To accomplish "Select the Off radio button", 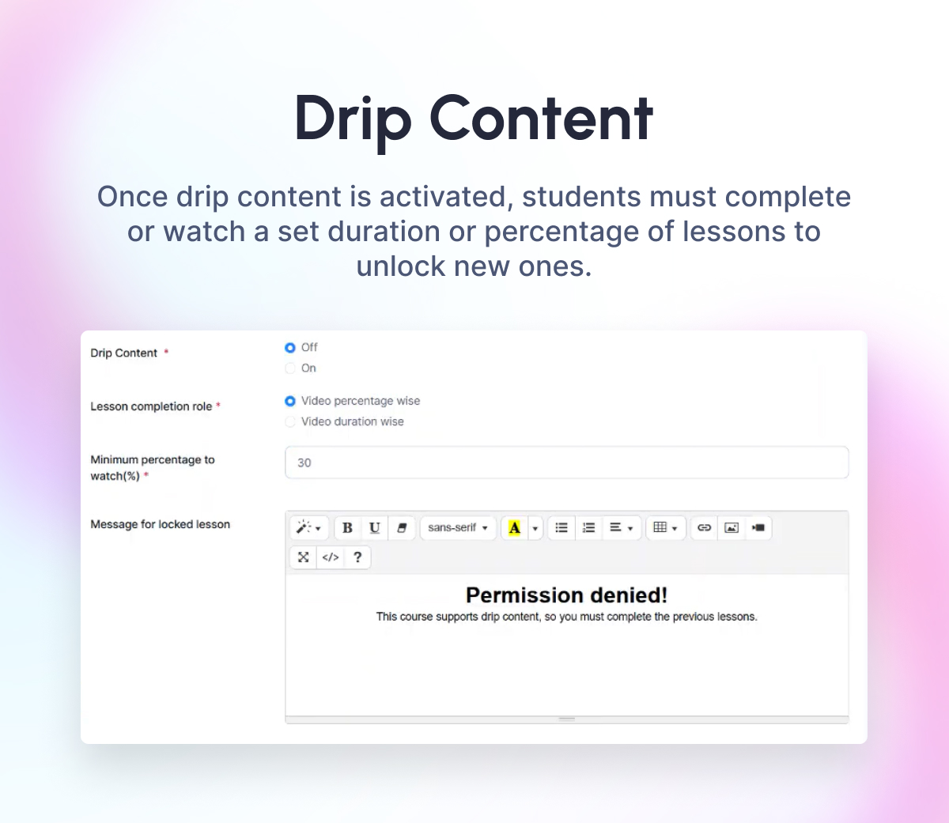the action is [x=290, y=348].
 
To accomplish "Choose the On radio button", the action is [x=290, y=368].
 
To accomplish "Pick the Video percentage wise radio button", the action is [x=290, y=401].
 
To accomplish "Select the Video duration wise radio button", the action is [x=290, y=422].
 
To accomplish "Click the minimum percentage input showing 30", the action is [x=566, y=462].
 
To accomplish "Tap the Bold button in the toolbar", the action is [x=347, y=527].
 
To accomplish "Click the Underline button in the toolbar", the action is [x=374, y=527].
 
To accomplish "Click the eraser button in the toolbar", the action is [x=401, y=527].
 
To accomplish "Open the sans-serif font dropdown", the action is [x=458, y=527].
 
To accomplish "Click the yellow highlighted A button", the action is [x=514, y=527].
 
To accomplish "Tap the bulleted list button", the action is [x=561, y=527].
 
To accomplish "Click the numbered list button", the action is [x=588, y=527].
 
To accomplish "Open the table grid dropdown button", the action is [x=665, y=527].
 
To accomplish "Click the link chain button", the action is [x=704, y=527].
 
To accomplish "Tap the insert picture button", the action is [x=732, y=527].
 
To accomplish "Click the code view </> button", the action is [x=331, y=557].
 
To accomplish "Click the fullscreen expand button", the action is [x=304, y=557].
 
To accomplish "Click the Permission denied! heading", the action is [x=566, y=595].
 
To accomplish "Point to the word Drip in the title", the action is [x=353, y=119].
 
